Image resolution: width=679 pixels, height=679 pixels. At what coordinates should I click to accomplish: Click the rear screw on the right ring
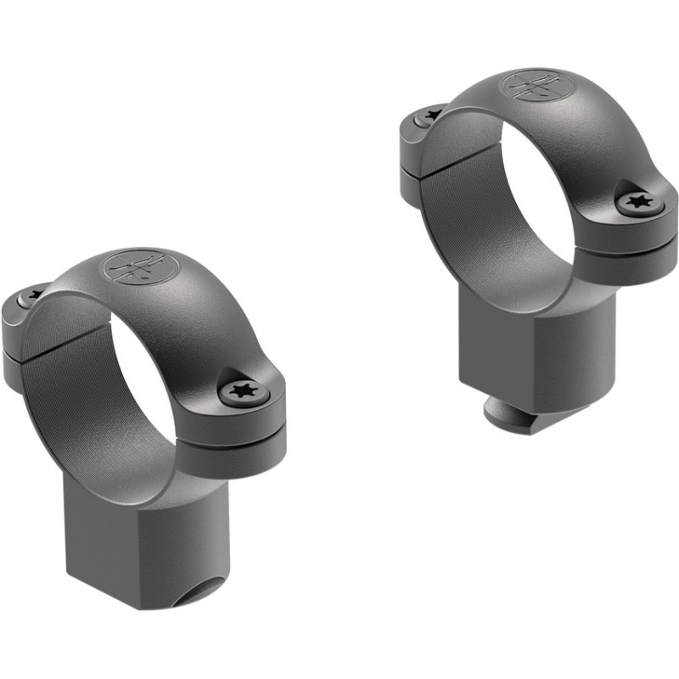pos(431,115)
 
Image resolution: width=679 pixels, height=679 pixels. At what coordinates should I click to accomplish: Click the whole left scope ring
pos(144,424)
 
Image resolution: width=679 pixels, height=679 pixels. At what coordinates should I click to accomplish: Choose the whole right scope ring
pos(539,246)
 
